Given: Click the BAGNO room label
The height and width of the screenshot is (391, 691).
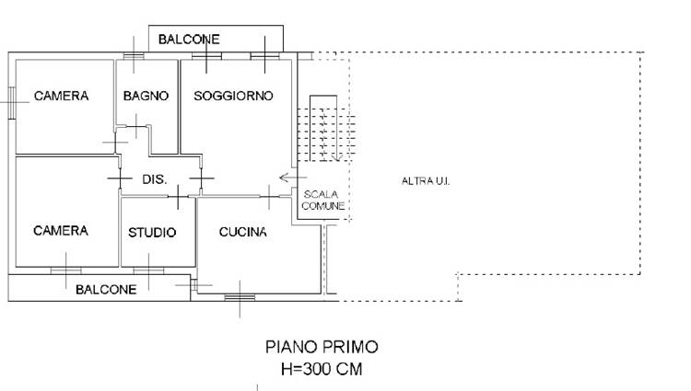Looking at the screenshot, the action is tap(146, 96).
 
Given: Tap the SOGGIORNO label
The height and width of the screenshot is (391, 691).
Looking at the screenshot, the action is tap(234, 96).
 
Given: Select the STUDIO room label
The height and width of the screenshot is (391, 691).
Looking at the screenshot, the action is tap(152, 232).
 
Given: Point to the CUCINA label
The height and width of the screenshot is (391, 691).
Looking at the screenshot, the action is tap(243, 232).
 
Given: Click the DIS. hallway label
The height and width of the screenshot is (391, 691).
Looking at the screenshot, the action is tap(155, 179).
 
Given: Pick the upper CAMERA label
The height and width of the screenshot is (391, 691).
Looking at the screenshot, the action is tap(61, 96).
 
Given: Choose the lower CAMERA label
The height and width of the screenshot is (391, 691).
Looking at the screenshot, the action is tap(61, 231).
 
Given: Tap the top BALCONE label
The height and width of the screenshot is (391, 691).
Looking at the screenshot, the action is tap(189, 40).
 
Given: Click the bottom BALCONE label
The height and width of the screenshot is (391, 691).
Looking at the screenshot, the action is tap(106, 290).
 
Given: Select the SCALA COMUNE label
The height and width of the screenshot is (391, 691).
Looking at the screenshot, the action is tap(323, 201).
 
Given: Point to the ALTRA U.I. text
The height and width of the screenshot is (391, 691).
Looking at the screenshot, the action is tap(426, 180).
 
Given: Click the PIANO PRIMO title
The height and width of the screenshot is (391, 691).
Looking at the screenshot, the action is tap(322, 347).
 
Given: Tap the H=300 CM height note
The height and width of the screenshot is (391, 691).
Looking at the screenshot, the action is tap(322, 369).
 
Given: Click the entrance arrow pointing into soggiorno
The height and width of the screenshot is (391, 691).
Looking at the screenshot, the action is tap(293, 178).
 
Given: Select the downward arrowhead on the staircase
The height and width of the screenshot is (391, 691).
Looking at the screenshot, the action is tap(336, 157).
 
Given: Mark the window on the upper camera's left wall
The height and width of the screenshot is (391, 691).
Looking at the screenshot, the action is tap(12, 103).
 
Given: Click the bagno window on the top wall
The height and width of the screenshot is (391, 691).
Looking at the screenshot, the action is tap(134, 56).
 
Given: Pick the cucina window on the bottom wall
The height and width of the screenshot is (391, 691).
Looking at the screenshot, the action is tap(240, 298).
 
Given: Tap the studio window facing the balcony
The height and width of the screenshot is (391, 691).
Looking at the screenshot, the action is tap(148, 270).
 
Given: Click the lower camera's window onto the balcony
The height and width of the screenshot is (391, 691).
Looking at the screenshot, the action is tap(66, 270).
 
